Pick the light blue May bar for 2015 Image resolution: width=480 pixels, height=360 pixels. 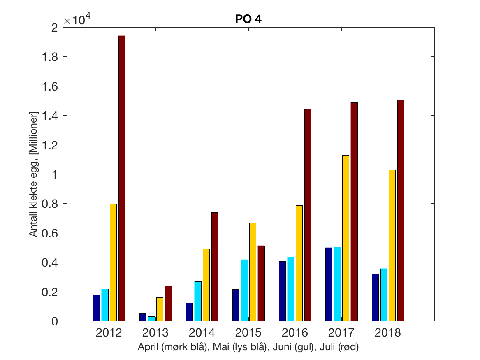(x=244, y=290)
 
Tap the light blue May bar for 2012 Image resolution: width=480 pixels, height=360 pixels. (x=105, y=305)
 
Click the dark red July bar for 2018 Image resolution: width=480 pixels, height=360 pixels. (x=401, y=210)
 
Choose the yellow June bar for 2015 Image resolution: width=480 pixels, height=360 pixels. (x=253, y=272)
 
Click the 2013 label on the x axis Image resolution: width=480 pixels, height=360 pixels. (x=155, y=332)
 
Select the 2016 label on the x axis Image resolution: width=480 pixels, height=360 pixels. (x=294, y=332)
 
